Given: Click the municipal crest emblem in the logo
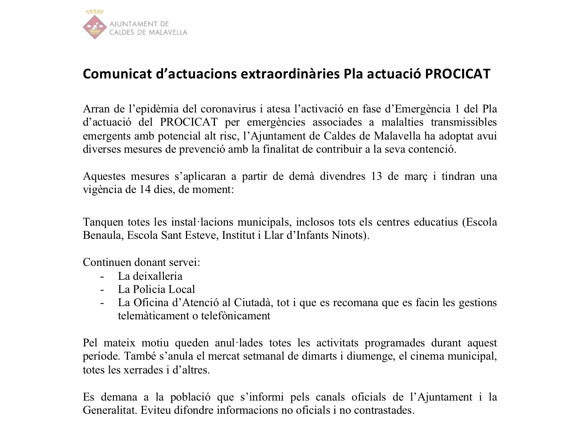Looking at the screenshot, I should [95, 25].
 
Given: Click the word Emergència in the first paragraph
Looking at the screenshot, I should [422, 109].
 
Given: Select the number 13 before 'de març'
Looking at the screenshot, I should [377, 176].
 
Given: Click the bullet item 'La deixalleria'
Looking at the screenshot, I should [150, 276].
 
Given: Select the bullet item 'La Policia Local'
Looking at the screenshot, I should [156, 289].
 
